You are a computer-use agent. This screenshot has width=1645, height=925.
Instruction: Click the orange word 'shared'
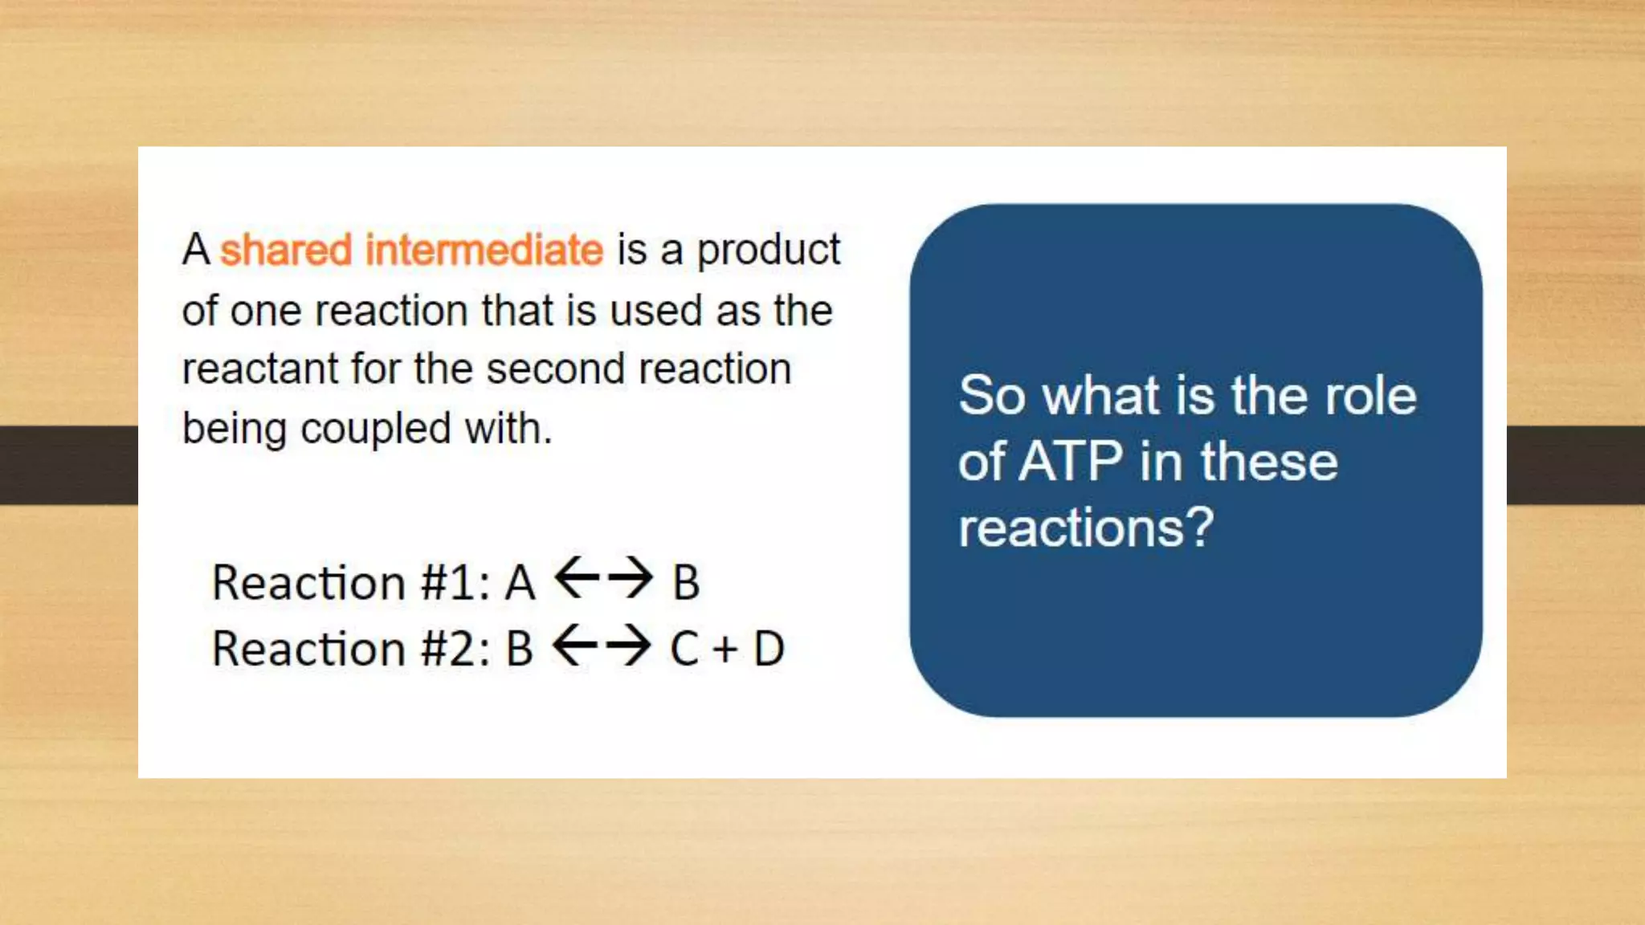[286, 250]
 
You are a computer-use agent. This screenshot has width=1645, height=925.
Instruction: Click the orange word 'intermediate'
[484, 250]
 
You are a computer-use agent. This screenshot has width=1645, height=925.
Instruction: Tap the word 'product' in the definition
[768, 251]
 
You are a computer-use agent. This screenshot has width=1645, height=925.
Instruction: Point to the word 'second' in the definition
[555, 369]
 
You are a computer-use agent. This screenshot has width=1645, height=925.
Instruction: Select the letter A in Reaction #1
[520, 583]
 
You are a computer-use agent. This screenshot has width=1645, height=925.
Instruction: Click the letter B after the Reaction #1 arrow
[686, 583]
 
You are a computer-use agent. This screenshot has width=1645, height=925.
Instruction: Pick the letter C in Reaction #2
[684, 649]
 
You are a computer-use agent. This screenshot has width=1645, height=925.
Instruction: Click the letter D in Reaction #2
[769, 649]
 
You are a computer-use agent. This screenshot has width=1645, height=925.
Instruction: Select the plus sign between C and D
[725, 650]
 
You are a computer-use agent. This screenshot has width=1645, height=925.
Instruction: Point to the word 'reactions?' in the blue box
[1086, 528]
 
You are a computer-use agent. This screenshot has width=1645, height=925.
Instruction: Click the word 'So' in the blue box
[992, 396]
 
